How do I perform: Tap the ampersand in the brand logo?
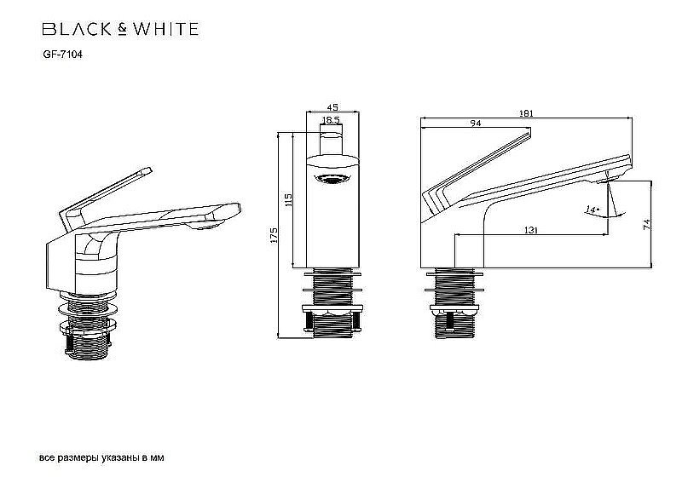(x=124, y=29)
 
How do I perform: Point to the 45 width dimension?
(x=332, y=107)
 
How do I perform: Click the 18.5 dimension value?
(x=332, y=122)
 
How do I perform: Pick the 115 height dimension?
(x=289, y=200)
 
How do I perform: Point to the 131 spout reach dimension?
(x=530, y=229)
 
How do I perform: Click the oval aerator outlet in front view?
(x=332, y=178)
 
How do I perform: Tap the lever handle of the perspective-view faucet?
(x=103, y=195)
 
